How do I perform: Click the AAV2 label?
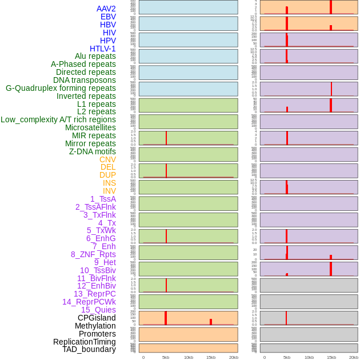pyautogui.click(x=106, y=9)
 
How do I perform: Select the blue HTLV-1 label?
pyautogui.click(x=102, y=49)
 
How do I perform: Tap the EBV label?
pyautogui.click(x=108, y=17)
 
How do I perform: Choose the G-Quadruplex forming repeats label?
pyautogui.click(x=61, y=88)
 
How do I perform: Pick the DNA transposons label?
pyautogui.click(x=85, y=80)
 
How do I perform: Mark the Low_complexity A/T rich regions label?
pyautogui.click(x=58, y=119)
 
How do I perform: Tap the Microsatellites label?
pyautogui.click(x=90, y=127)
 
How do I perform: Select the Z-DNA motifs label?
pyautogui.click(x=93, y=151)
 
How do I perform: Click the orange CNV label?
pyautogui.click(x=107, y=159)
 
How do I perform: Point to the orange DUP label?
pyautogui.click(x=107, y=175)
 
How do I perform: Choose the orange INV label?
pyautogui.click(x=109, y=191)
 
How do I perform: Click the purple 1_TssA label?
pyautogui.click(x=103, y=199)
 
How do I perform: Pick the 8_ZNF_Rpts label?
pyautogui.click(x=93, y=254)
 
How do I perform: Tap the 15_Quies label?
pyautogui.click(x=98, y=310)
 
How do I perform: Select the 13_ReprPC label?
pyautogui.click(x=94, y=294)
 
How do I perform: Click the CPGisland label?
pyautogui.click(x=97, y=318)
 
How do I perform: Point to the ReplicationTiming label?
pyautogui.click(x=85, y=342)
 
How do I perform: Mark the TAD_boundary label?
pyautogui.click(x=89, y=349)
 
